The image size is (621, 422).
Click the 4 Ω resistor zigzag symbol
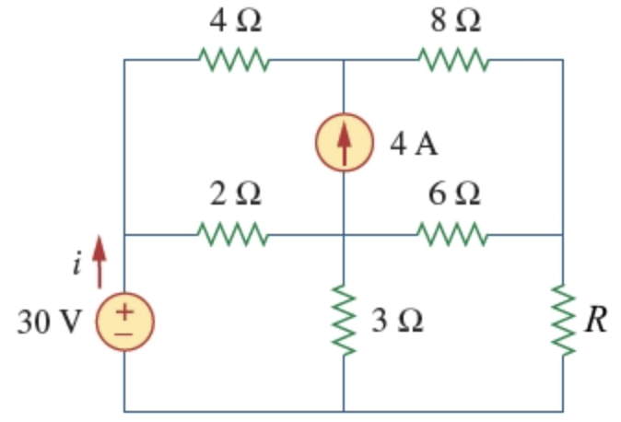click(233, 61)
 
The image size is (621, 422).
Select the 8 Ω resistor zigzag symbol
click(453, 61)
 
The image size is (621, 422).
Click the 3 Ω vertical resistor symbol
click(344, 321)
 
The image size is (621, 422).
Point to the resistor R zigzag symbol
click(563, 321)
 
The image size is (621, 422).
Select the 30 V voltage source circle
click(124, 322)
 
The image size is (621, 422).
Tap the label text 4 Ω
click(234, 20)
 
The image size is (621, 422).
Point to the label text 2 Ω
click(234, 194)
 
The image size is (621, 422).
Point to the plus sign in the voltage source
click(124, 312)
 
